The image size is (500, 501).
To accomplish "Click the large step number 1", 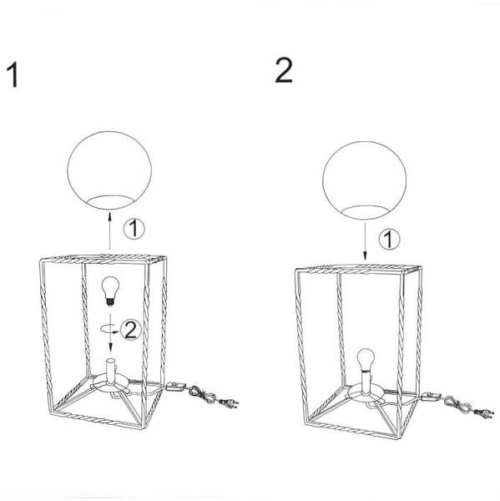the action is tap(13, 75).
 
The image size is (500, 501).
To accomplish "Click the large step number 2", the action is tap(283, 71).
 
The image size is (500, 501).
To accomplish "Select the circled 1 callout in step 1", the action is tap(134, 229).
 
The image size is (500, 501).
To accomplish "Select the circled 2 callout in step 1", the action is tap(131, 330).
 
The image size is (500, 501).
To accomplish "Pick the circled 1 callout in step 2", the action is tap(389, 239).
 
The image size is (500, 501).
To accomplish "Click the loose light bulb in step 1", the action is tap(110, 291).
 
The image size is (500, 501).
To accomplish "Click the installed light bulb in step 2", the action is tap(366, 359).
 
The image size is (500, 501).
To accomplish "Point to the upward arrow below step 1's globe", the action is tap(109, 230).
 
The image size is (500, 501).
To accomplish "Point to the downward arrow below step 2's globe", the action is tap(365, 241).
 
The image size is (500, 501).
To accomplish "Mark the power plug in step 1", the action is tap(229, 402).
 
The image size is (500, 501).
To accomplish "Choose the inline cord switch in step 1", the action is tap(175, 387).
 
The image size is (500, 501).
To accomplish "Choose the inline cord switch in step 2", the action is tap(431, 397).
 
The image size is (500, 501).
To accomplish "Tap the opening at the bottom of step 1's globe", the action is tap(109, 202).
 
